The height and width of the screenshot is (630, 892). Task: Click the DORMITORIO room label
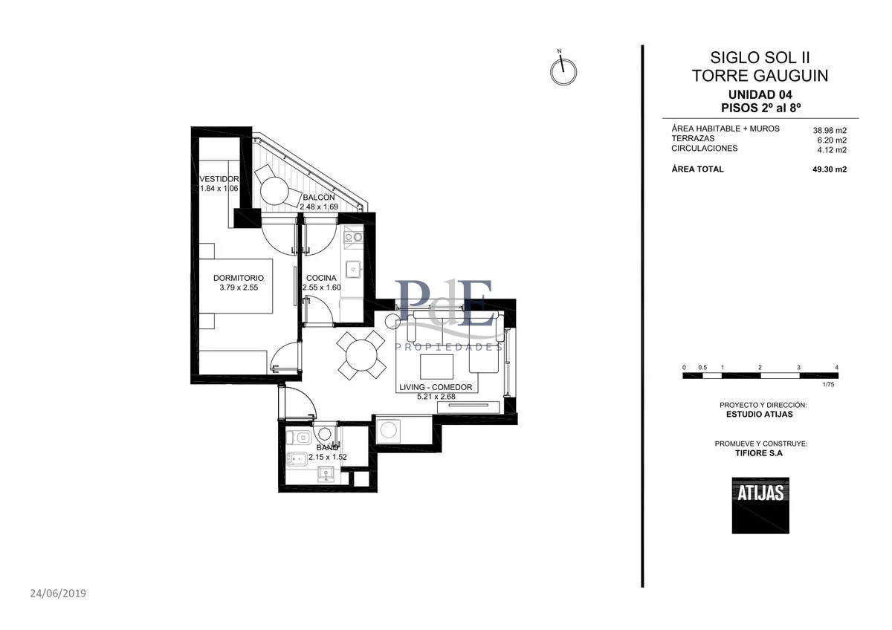238,278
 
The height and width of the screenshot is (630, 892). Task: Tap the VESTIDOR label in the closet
219,179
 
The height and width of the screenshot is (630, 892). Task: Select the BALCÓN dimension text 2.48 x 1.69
319,207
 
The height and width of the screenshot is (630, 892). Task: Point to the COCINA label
321,278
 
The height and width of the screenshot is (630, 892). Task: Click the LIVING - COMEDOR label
436,387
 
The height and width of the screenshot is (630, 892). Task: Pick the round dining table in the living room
361,355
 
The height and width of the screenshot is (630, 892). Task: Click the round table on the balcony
274,191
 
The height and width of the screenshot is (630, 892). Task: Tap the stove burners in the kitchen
353,238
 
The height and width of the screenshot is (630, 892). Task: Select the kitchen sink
353,269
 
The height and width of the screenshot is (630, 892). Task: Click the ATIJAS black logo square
760,505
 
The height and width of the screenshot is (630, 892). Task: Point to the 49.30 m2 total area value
830,169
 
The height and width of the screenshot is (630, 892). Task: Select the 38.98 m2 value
830,130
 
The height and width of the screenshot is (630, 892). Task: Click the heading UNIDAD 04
760,94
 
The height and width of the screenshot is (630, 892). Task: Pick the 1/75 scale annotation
828,384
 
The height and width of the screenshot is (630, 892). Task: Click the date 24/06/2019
58,594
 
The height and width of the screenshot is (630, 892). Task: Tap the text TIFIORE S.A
759,453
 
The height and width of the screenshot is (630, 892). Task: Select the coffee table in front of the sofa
436,366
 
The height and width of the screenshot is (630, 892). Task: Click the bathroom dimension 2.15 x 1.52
327,457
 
